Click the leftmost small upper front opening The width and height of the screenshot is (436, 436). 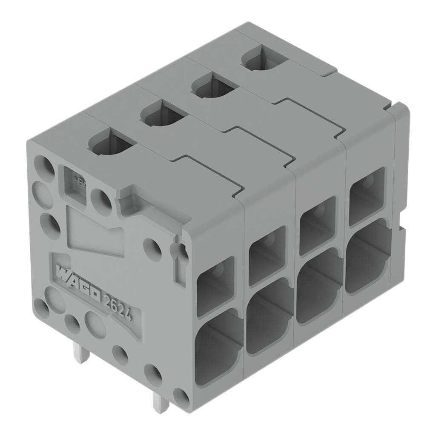(215, 286)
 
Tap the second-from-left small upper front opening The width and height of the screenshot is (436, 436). (267, 255)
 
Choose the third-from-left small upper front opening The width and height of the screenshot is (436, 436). (318, 225)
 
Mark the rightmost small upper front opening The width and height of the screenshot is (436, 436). (367, 195)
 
